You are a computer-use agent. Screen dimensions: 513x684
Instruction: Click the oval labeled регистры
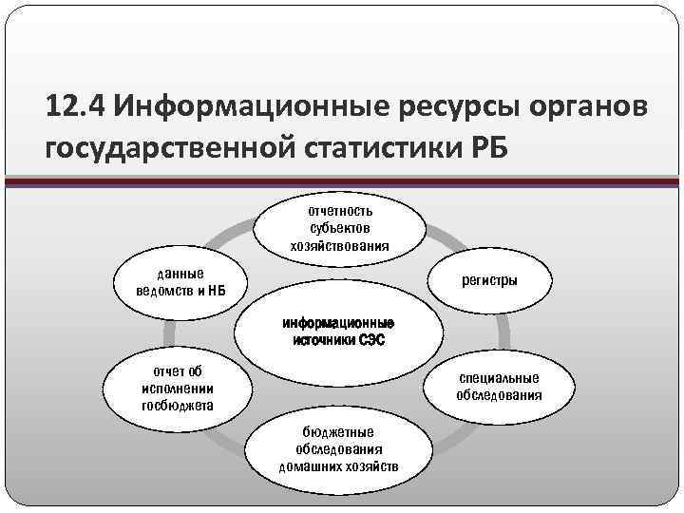(489, 281)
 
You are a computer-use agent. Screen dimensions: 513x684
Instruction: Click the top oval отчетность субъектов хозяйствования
(340, 228)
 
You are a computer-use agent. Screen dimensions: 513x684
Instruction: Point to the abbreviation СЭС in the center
(371, 340)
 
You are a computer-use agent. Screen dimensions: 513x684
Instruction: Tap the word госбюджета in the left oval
(177, 406)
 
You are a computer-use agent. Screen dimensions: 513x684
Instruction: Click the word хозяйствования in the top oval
(340, 246)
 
